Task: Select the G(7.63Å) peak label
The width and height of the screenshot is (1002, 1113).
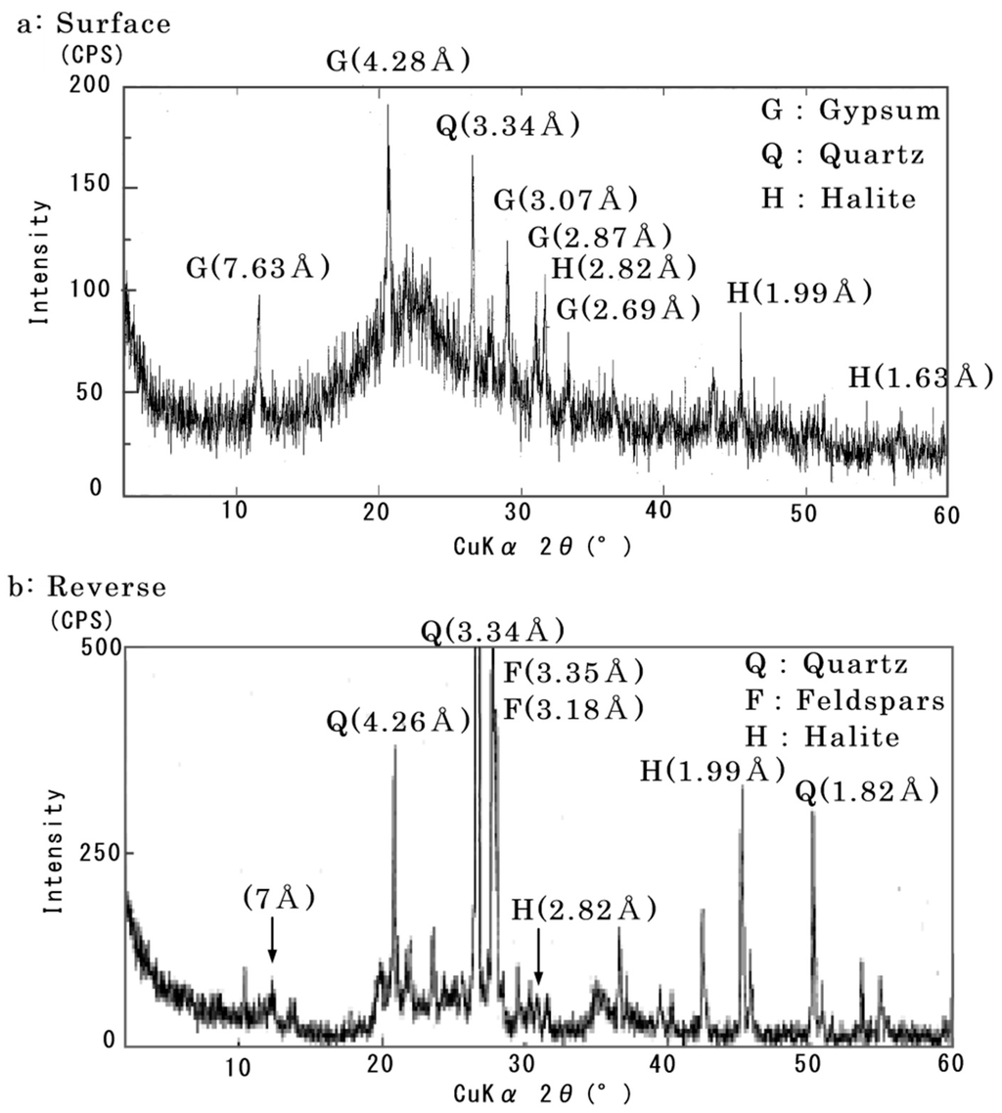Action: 257,267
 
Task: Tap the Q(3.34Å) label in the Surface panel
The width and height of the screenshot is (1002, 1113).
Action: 509,126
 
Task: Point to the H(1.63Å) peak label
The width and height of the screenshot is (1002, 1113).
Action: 920,376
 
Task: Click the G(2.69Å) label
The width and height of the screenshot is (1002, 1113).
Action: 629,309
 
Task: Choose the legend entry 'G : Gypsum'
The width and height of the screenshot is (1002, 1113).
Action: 849,111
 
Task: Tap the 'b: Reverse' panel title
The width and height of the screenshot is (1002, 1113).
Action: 88,587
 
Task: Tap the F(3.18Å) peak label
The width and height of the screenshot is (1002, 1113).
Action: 572,707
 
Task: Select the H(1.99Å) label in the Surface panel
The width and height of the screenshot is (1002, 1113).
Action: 798,292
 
